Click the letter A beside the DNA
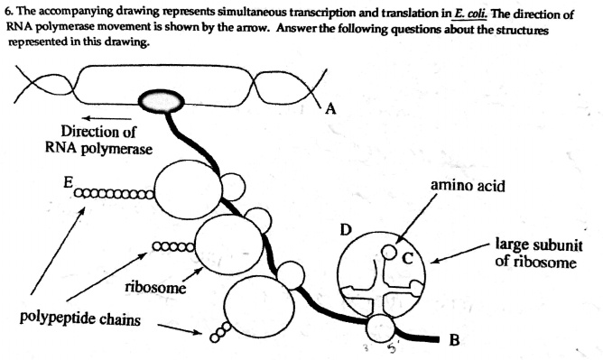coord(330,109)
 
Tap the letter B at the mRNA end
coord(453,340)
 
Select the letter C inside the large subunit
coord(408,257)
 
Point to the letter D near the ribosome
coord(345,229)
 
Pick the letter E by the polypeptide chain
coord(69,180)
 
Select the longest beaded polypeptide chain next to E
coord(116,192)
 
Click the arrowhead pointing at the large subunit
coord(434,263)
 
